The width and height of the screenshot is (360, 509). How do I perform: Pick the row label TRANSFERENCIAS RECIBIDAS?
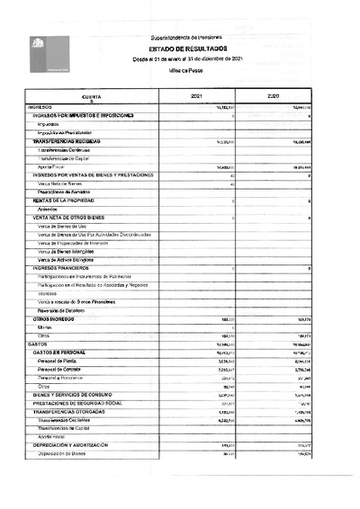[66, 142]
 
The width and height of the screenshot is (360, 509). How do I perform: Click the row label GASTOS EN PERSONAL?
[62, 352]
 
